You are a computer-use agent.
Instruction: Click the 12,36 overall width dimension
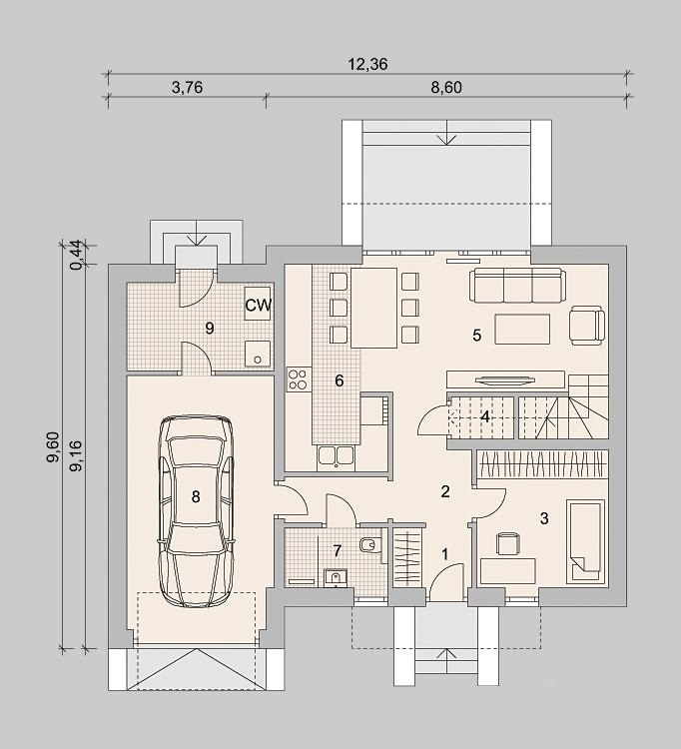pos(367,64)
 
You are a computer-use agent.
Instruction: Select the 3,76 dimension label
pos(187,88)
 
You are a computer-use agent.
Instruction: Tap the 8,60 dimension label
pos(446,88)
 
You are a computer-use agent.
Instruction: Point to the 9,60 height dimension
pos(53,446)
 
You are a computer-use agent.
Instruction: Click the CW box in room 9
pos(258,305)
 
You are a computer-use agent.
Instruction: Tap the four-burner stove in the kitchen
pos(299,379)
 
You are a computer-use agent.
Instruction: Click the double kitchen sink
pos(337,455)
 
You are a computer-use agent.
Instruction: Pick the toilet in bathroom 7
pos(370,544)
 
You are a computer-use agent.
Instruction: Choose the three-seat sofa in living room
pos(517,286)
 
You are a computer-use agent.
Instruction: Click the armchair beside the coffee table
pos(587,326)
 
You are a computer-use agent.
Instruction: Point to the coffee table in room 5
pos(522,330)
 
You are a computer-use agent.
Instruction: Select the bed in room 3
pos(585,540)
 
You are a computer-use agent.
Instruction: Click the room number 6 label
pos(340,380)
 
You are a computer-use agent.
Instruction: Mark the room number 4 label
pos(484,417)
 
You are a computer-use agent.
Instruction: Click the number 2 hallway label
pos(445,491)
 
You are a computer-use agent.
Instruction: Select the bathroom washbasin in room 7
pos(337,577)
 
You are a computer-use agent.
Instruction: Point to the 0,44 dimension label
pos(77,256)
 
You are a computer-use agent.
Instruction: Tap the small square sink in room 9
pos(258,354)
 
